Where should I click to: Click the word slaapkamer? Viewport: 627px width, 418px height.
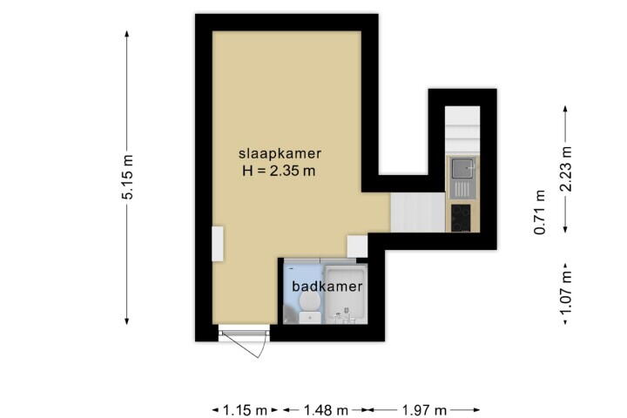pos(280,153)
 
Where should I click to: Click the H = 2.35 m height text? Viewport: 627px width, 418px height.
pos(279,172)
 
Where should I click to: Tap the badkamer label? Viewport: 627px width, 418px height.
pos(327,287)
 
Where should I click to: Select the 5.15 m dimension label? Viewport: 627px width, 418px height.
pos(128,177)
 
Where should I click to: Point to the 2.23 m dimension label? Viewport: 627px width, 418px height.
pos(566,169)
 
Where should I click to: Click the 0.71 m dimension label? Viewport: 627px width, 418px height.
pos(540,212)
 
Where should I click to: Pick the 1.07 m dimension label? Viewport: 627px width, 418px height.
pos(566,293)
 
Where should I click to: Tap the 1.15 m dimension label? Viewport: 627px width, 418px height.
pos(245,410)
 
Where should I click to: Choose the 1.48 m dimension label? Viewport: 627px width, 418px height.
pos(326,410)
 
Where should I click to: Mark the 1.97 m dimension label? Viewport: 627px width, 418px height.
pos(424,410)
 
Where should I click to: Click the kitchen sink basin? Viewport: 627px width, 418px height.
pos(462,168)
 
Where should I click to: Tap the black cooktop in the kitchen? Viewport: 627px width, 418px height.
pos(461,218)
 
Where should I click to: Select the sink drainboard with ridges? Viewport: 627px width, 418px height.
pos(462,189)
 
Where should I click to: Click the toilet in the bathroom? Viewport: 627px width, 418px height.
pos(309,307)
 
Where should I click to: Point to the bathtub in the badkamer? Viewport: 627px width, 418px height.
pos(346,294)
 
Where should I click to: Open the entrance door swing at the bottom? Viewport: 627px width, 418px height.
pos(244,340)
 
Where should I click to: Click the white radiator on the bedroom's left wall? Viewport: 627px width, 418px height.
pos(218,244)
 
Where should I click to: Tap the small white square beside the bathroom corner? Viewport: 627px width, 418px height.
pos(357,246)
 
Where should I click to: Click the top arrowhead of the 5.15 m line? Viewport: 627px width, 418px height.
pos(127,33)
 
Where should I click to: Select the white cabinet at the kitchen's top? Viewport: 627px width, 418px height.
pos(462,131)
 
